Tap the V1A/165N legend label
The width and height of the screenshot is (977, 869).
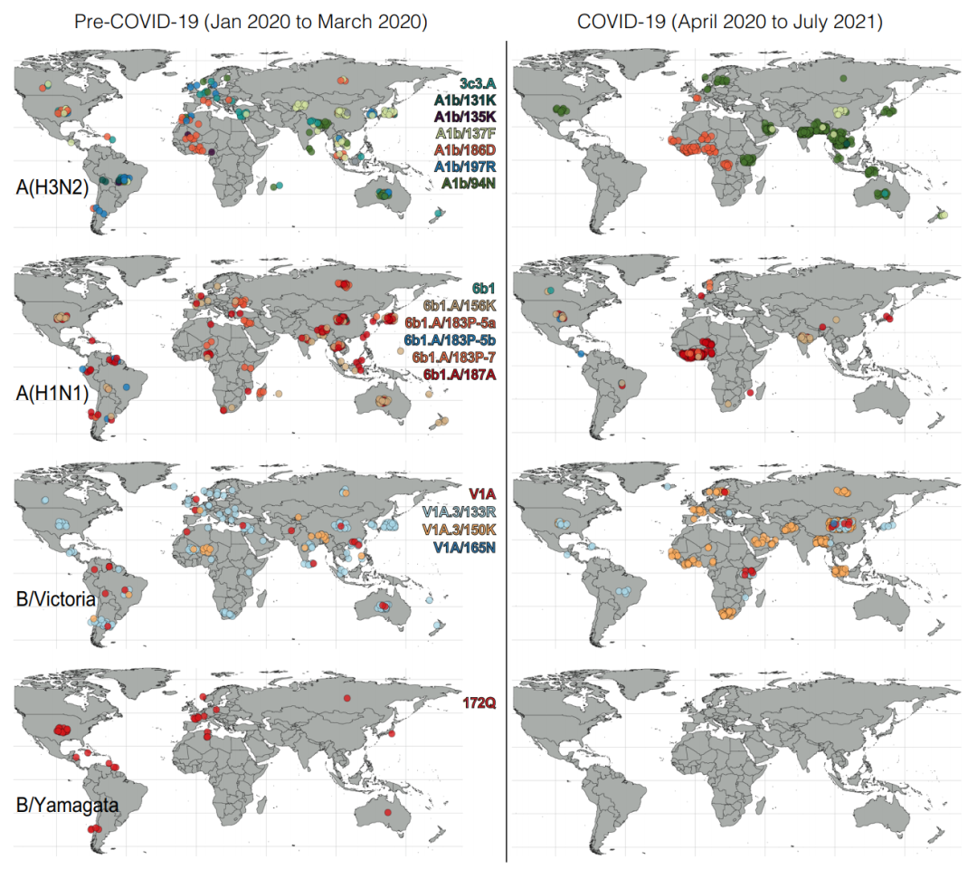point(458,546)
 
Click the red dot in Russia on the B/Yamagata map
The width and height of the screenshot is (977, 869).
point(346,699)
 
